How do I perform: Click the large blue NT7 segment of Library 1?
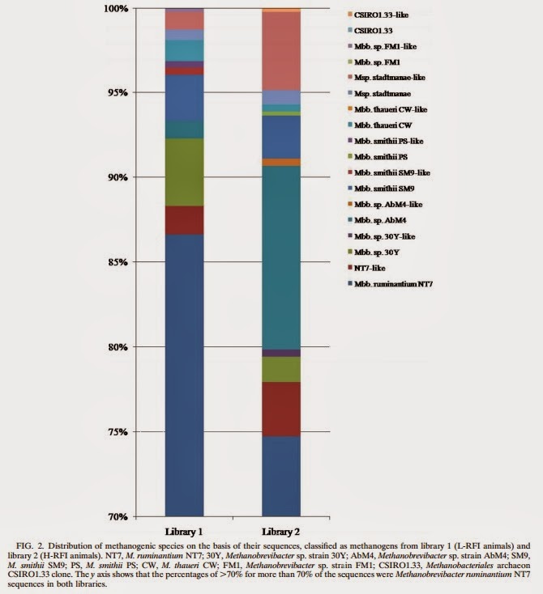pos(184,372)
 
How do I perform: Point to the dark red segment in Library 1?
pos(184,220)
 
